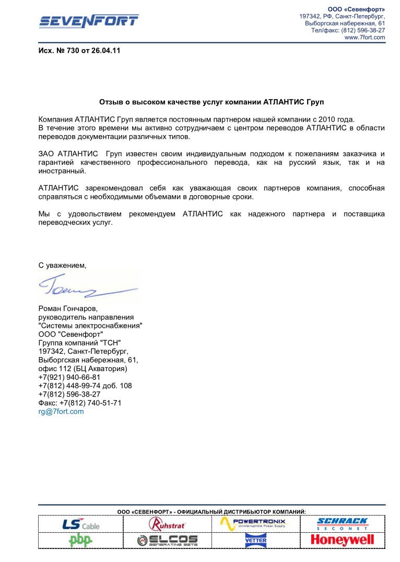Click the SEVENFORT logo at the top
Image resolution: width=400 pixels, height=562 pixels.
[89, 21]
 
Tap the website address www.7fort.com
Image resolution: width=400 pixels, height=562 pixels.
[365, 38]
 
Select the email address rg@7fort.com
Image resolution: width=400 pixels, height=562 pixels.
[61, 411]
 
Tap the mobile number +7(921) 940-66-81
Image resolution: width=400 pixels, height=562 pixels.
[69, 377]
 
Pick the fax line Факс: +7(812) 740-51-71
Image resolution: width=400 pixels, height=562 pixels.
[80, 403]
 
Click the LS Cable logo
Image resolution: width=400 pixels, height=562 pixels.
[80, 524]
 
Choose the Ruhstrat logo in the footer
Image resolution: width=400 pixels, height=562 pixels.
[167, 524]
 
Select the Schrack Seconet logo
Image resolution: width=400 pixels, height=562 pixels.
[342, 524]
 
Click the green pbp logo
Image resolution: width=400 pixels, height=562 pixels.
[80, 540]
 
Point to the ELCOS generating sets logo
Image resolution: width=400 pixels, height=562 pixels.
[167, 540]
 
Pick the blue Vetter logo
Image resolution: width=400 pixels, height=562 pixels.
[255, 540]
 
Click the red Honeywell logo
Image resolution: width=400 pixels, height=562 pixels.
[342, 540]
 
